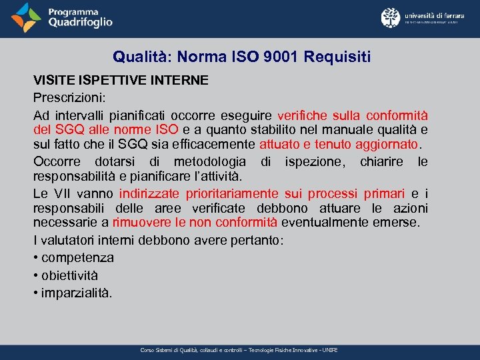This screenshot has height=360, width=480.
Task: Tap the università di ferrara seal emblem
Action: click(391, 18)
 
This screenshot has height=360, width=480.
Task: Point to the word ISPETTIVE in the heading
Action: click(105, 80)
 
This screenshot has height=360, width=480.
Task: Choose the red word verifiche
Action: click(305, 114)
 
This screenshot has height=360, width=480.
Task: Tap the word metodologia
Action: click(210, 162)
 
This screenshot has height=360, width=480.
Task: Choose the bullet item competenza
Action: click(77, 257)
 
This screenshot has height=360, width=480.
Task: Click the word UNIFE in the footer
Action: click(329, 350)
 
